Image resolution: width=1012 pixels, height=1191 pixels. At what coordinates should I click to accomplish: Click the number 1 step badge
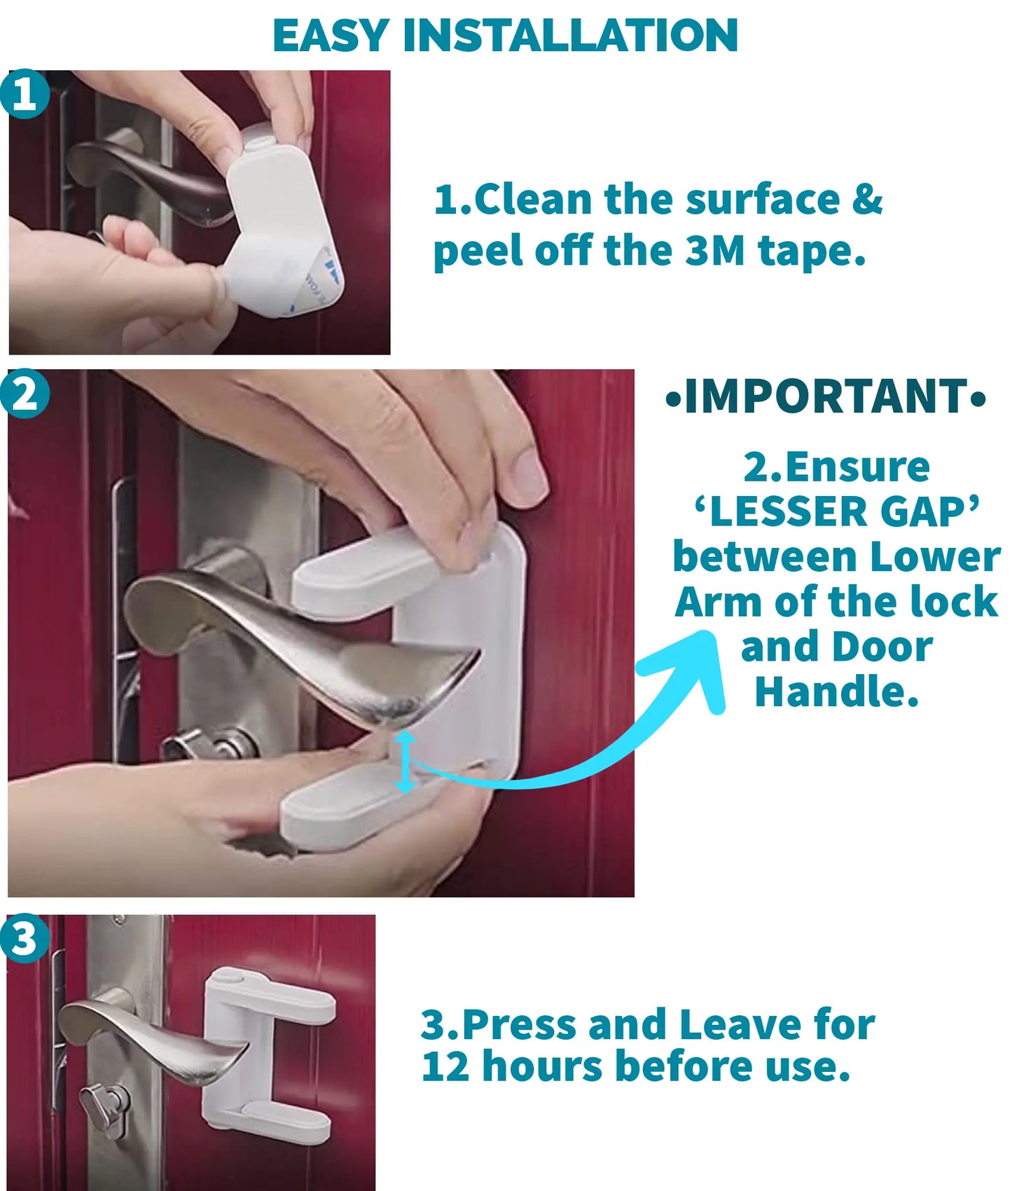[25, 93]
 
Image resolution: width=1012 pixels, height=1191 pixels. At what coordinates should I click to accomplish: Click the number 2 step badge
[25, 394]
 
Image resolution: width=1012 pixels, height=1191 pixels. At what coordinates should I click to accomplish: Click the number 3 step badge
[25, 937]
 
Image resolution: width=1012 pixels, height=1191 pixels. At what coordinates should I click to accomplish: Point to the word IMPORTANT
[826, 397]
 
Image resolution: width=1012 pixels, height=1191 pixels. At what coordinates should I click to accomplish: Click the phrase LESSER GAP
[836, 511]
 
